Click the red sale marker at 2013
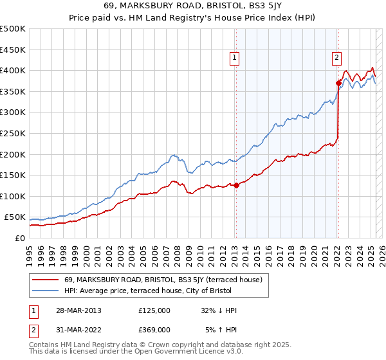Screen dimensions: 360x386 point(235,186)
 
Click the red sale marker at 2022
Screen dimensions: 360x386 point(338,83)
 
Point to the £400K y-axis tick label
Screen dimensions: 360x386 point(13,70)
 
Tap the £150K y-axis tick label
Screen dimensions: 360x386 point(13,175)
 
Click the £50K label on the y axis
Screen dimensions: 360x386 point(15,217)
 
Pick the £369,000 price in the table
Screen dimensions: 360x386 point(154,329)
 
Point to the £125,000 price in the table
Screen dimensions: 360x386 point(154,310)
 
